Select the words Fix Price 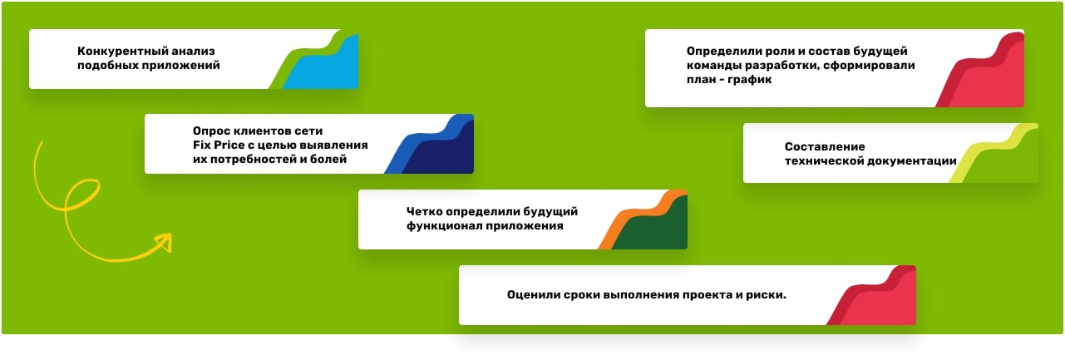pos(220,145)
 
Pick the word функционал pos(442,225)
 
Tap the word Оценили pos(531,295)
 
